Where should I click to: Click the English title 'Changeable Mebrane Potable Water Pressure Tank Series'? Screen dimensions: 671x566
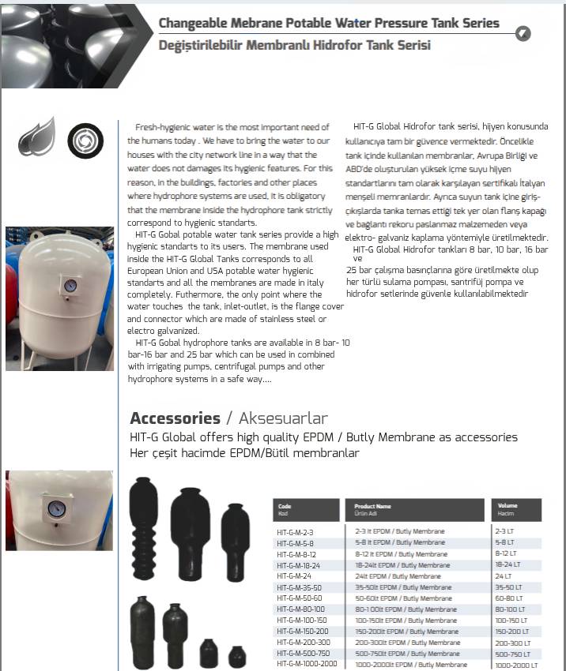[x=329, y=23]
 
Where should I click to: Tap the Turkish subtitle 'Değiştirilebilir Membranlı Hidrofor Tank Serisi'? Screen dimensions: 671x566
[x=295, y=45]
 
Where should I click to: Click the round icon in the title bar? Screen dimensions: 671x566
[x=523, y=32]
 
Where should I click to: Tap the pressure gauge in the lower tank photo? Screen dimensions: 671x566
[x=55, y=509]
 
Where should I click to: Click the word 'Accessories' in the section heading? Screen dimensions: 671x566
[x=175, y=418]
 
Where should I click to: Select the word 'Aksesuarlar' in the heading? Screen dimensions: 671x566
[x=283, y=418]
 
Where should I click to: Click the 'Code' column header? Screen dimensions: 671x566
[x=285, y=506]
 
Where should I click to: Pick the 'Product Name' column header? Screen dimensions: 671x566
[x=373, y=506]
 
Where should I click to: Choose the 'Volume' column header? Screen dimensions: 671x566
[x=508, y=506]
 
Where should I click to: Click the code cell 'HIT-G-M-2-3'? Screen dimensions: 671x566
[x=296, y=532]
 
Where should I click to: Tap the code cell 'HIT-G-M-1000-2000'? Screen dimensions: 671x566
[x=307, y=664]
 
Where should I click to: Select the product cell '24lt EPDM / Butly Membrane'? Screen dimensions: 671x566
[x=398, y=576]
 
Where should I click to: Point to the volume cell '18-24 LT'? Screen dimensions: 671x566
[x=509, y=565]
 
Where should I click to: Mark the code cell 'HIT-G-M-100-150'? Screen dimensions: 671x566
[x=302, y=620]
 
